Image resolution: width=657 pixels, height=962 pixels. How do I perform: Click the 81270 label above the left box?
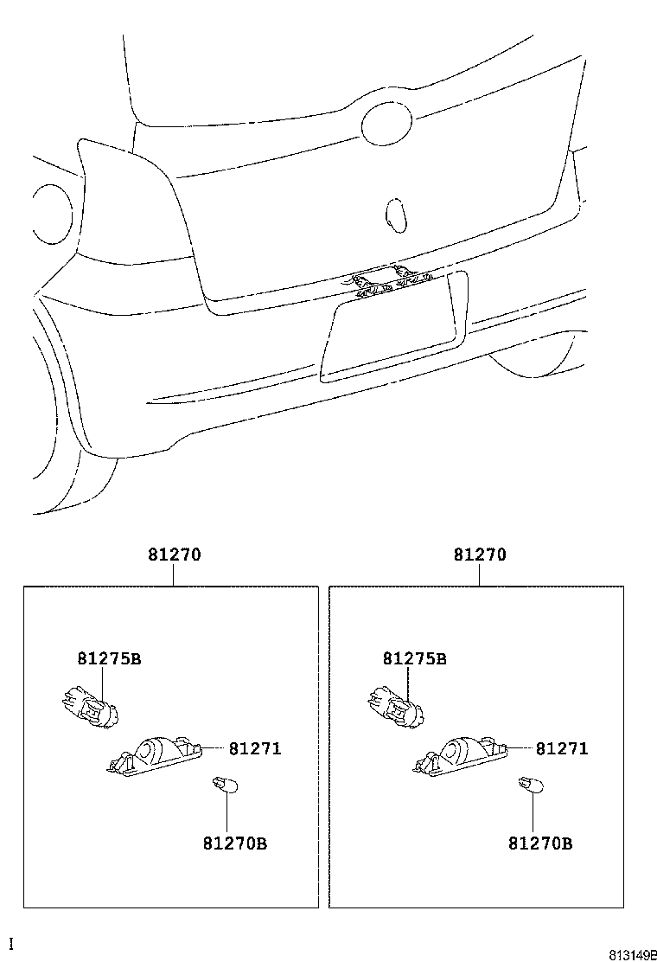[x=175, y=555]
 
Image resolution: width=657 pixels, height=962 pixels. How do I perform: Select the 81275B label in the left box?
[x=109, y=658]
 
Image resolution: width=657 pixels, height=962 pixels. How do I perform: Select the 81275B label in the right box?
[x=415, y=658]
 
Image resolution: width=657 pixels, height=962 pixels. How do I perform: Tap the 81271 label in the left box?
[x=255, y=748]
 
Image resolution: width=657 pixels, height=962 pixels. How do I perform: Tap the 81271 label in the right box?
[x=561, y=748]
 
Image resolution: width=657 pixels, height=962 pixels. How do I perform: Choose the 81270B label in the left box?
[x=235, y=843]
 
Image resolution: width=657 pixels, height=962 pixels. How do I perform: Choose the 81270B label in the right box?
[x=540, y=843]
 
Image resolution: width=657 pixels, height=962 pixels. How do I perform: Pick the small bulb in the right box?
[x=527, y=786]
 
